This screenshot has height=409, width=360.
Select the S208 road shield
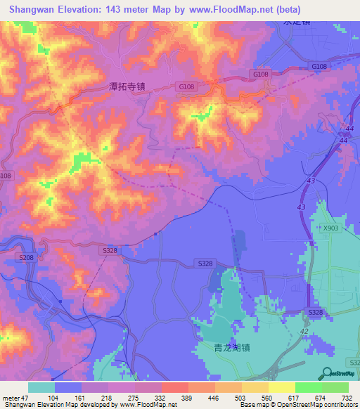(26, 258)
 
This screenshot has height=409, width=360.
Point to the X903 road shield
(330, 228)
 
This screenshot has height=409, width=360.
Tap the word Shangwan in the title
(32, 10)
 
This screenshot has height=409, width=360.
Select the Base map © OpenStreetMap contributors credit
(297, 405)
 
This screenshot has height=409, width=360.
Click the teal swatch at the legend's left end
(41, 387)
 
